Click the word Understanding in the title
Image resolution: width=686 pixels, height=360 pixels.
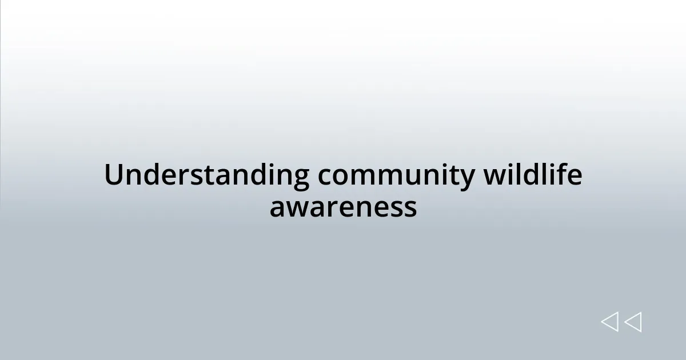(x=206, y=175)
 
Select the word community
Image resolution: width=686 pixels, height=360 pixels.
(x=396, y=175)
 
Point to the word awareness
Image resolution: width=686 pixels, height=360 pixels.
(x=343, y=207)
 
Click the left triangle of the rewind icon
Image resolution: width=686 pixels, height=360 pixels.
(x=609, y=322)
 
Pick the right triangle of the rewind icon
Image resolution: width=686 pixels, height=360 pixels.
(x=633, y=322)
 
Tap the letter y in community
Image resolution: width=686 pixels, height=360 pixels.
(x=468, y=178)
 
